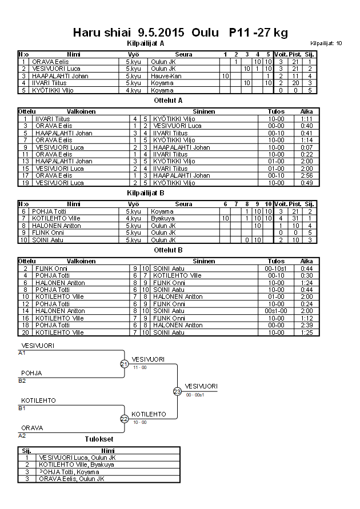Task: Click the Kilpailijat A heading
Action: click(145, 43)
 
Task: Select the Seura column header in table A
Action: click(183, 54)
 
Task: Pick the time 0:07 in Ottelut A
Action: click(306, 147)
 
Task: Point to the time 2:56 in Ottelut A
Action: click(306, 175)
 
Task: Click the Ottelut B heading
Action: click(168, 250)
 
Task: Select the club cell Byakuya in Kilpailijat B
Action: click(162, 218)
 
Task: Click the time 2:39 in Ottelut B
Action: click(306, 325)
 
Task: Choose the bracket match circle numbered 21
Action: click(124, 364)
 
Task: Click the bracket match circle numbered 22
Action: click(124, 419)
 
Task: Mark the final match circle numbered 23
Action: click(177, 391)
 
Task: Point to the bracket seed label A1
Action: click(22, 353)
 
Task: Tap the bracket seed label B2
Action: click(22, 380)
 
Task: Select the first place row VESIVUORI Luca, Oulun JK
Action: click(77, 458)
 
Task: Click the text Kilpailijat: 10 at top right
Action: click(326, 43)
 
